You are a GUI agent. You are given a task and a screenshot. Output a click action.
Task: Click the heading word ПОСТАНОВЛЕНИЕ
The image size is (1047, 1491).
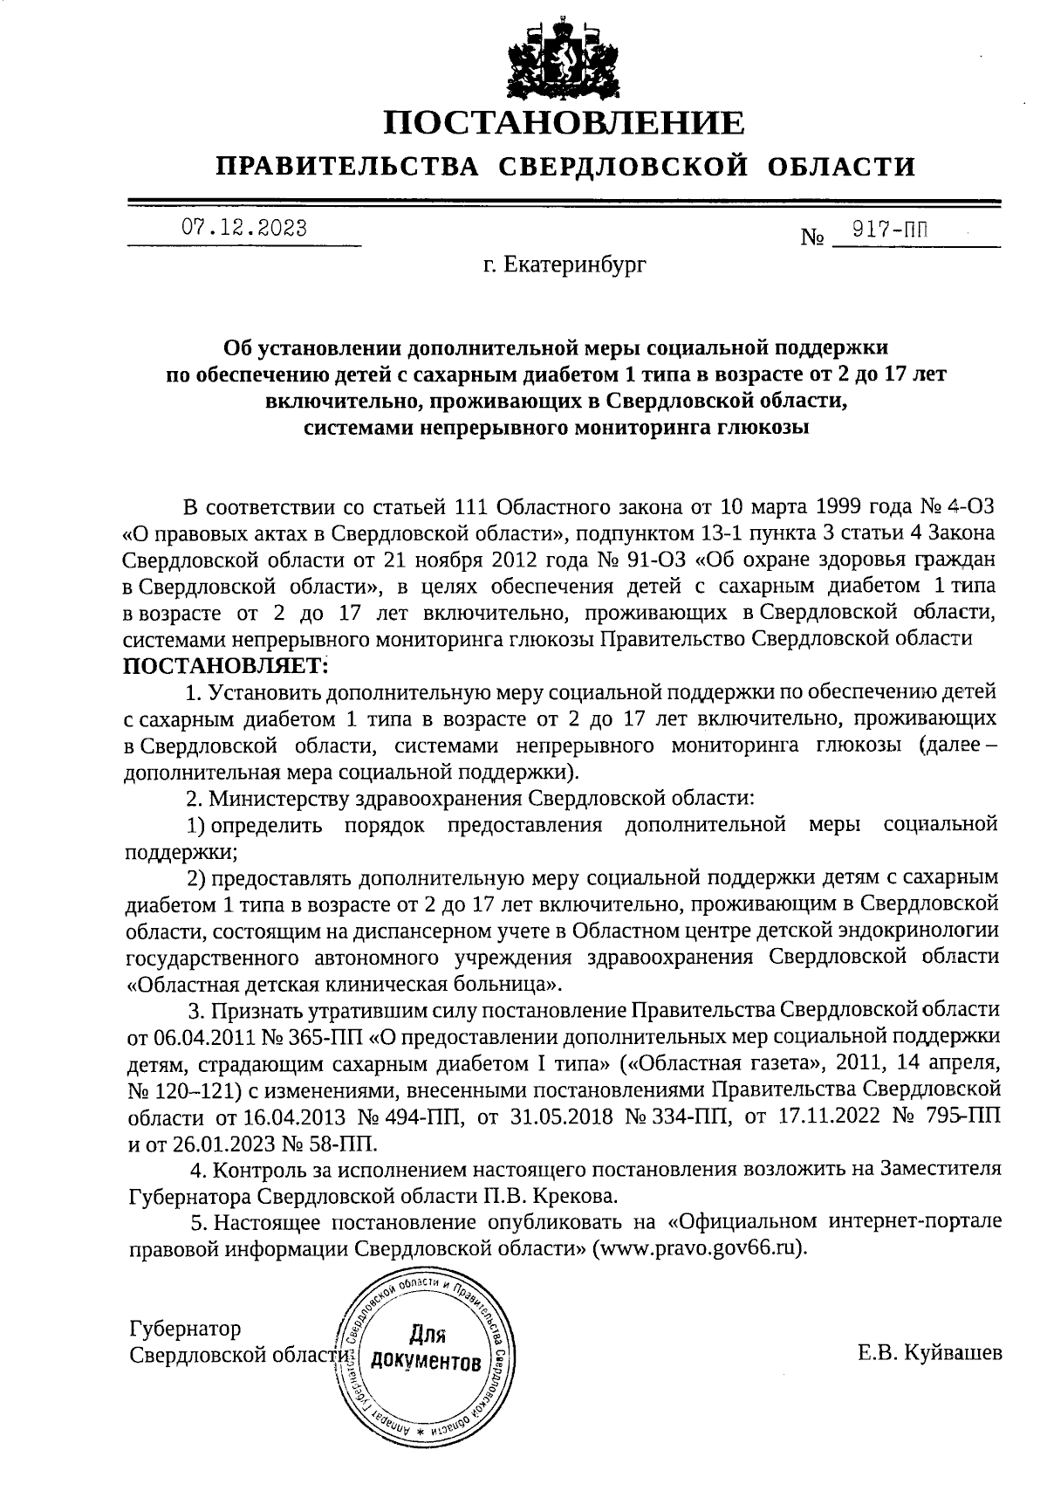tap(565, 123)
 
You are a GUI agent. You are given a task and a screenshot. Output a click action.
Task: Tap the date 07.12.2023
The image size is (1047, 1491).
tap(243, 229)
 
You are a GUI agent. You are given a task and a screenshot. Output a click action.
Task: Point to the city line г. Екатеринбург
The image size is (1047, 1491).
tap(565, 263)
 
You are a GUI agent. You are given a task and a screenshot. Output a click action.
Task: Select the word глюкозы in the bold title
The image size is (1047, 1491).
tap(763, 428)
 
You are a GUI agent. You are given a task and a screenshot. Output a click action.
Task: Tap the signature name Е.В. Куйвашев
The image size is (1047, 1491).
tap(930, 1354)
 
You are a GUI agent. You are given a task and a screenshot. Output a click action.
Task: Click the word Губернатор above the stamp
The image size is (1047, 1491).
tap(184, 1330)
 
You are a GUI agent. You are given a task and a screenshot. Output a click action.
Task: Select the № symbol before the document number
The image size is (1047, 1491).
tap(812, 237)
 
